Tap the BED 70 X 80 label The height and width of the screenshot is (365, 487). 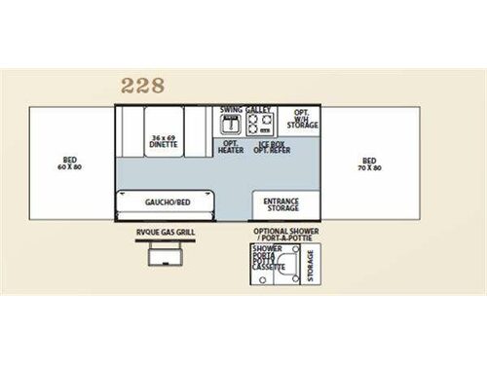(369, 164)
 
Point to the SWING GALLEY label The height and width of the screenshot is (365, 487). (246, 110)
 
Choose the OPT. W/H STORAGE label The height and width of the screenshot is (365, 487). (300, 120)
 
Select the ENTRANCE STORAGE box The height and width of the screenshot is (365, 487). (281, 202)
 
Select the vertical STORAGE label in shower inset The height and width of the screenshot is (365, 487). (311, 262)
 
